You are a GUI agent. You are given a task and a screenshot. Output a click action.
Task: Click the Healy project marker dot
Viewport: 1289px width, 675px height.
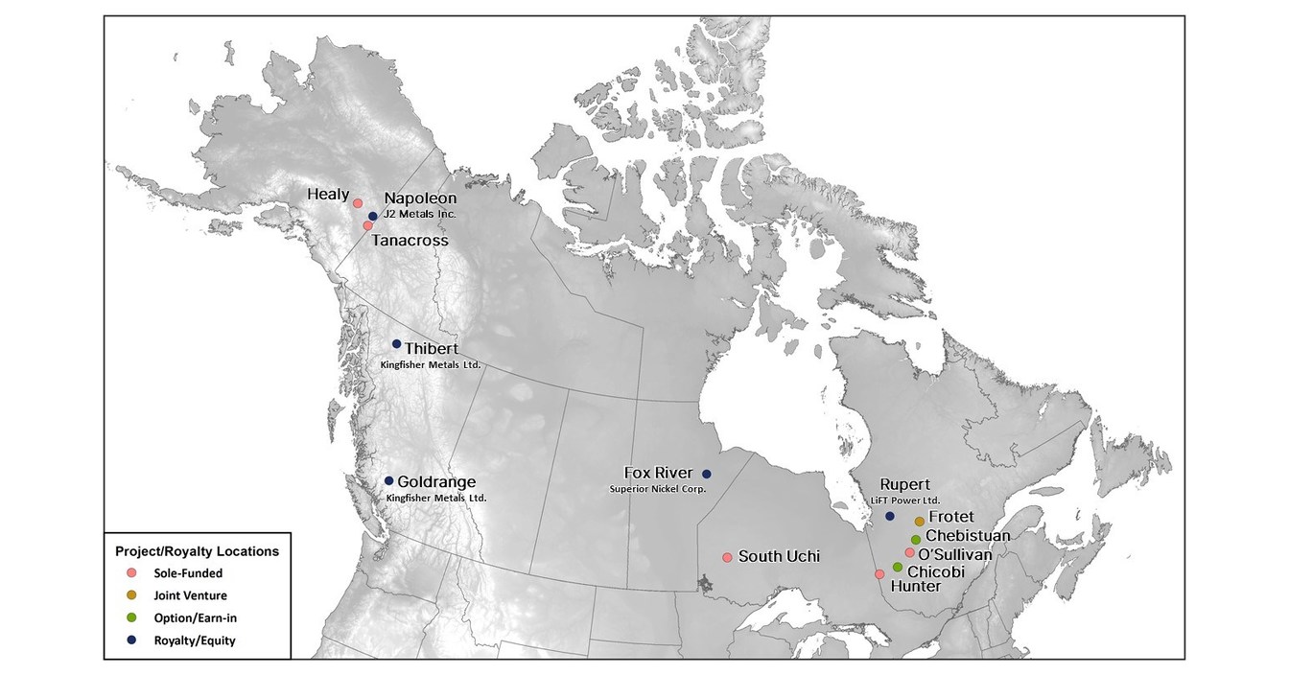pyautogui.click(x=358, y=203)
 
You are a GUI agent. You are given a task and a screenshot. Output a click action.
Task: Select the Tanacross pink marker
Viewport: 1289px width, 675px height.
pyautogui.click(x=367, y=225)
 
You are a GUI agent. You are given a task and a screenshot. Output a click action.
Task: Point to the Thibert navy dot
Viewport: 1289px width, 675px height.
pyautogui.click(x=396, y=344)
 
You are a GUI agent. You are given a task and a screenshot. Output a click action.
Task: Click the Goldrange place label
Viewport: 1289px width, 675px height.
pyautogui.click(x=436, y=482)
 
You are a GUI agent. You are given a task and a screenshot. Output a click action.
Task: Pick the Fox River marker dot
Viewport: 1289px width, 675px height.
pyautogui.click(x=707, y=474)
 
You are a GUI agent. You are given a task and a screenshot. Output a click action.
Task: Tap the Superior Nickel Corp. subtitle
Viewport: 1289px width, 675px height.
pyautogui.click(x=658, y=489)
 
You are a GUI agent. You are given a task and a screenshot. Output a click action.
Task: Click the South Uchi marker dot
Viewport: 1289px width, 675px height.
pyautogui.click(x=727, y=557)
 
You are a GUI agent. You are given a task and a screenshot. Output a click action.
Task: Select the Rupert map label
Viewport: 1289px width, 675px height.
pyautogui.click(x=905, y=485)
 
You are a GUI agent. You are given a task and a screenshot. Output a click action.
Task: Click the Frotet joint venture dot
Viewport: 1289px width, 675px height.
pyautogui.click(x=919, y=522)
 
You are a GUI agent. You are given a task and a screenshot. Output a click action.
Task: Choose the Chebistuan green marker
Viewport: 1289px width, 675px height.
pyautogui.click(x=916, y=539)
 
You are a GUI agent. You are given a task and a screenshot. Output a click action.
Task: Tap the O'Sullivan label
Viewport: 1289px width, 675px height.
pyautogui.click(x=954, y=554)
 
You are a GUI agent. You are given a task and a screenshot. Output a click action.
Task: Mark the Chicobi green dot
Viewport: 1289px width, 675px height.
pyautogui.click(x=898, y=567)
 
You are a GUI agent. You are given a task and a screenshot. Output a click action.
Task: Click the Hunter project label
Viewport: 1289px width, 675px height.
pyautogui.click(x=910, y=586)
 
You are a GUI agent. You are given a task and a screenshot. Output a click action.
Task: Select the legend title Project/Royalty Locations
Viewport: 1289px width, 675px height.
pyautogui.click(x=197, y=552)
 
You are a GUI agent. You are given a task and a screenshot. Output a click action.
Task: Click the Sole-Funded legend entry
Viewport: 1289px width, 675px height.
pyautogui.click(x=187, y=573)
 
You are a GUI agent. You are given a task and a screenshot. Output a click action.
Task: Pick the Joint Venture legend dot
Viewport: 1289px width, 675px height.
pyautogui.click(x=131, y=595)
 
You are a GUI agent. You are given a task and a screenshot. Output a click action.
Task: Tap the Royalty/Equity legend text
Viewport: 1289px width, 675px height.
pyautogui.click(x=194, y=640)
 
